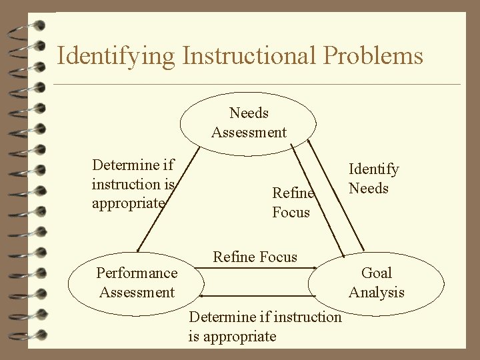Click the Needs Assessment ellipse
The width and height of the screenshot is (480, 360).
(249, 123)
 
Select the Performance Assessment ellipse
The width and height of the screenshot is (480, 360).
(137, 283)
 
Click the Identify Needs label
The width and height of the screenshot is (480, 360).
(373, 179)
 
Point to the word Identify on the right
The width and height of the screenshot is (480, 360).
(373, 169)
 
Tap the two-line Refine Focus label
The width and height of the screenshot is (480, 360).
(292, 203)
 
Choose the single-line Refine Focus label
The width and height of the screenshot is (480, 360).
(255, 257)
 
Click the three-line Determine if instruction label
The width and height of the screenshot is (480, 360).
(133, 183)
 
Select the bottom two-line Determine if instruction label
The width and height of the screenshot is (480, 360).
(265, 326)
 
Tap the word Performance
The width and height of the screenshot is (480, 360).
(137, 273)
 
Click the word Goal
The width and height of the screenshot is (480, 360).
(377, 273)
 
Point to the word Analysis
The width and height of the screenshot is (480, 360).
(377, 292)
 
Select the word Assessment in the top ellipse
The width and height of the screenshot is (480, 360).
(249, 132)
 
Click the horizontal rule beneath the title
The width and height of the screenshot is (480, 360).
(256, 85)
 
